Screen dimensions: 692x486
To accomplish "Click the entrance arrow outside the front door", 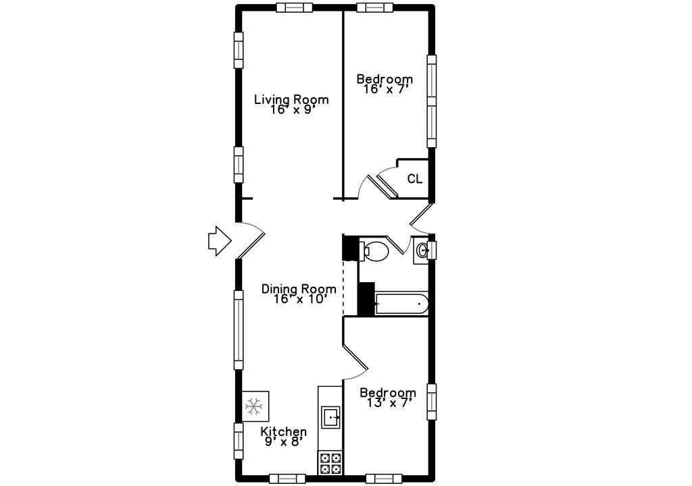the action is [x=220, y=241].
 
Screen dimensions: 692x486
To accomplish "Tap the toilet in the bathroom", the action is [x=374, y=250].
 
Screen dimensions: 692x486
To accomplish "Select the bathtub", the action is [x=401, y=304].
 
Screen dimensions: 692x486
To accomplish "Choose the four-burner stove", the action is [x=330, y=463].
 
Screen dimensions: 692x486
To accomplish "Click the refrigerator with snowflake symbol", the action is [x=255, y=406].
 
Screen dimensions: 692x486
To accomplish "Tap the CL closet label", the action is [x=414, y=179].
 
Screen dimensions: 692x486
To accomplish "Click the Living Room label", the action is [x=291, y=99].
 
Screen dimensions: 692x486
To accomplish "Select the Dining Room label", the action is [x=299, y=289].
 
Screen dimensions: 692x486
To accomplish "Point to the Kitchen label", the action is [x=283, y=431].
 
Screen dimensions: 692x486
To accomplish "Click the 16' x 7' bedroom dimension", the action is [x=384, y=90].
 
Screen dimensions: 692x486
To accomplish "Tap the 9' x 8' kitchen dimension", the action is [x=283, y=441].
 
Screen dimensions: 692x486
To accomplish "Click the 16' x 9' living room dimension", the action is [x=291, y=109].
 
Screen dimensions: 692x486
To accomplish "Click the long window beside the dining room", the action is [x=239, y=330].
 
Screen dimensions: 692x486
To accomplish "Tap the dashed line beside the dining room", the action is [x=343, y=288].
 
